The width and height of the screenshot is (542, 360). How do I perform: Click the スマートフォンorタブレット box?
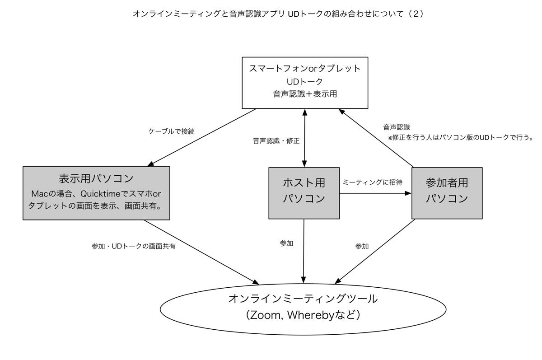pyautogui.click(x=305, y=83)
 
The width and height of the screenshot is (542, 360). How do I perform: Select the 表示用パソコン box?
pyautogui.click(x=96, y=193)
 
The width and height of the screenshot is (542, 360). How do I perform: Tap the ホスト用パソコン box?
pyautogui.click(x=304, y=193)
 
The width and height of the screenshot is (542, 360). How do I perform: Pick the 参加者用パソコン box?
pyautogui.click(x=447, y=193)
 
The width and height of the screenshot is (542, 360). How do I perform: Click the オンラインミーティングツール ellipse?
pyautogui.click(x=303, y=309)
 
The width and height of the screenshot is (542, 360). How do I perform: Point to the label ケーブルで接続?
pyautogui.click(x=171, y=131)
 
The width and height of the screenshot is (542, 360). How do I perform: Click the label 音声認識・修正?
pyautogui.click(x=276, y=141)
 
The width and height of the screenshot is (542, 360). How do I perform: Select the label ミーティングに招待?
pyautogui.click(x=372, y=182)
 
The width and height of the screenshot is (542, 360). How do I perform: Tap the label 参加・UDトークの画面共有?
pyautogui.click(x=133, y=246)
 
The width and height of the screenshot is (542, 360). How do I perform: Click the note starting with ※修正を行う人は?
pyautogui.click(x=460, y=138)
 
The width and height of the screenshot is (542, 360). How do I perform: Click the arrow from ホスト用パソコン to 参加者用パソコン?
pyautogui.click(x=375, y=193)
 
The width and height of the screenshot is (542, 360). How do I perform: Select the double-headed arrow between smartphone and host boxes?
pyautogui.click(x=304, y=138)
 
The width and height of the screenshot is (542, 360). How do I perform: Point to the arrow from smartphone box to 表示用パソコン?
pyautogui.click(x=202, y=137)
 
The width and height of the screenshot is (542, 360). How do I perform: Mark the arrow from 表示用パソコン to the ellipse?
pyautogui.click(x=201, y=252)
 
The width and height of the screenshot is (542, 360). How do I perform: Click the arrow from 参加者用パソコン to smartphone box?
pyautogui.click(x=376, y=138)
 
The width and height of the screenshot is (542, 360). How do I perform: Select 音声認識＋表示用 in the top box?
pyautogui.click(x=305, y=94)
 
